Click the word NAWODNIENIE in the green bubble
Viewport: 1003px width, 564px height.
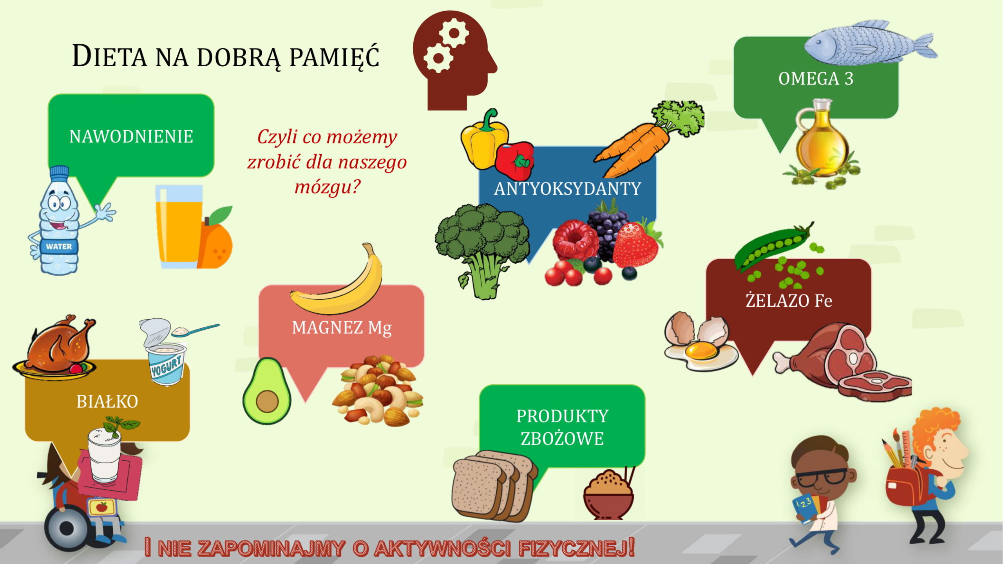coord(131,137)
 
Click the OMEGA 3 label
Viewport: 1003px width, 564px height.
coord(816,79)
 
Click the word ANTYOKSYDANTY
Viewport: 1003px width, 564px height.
coord(567,189)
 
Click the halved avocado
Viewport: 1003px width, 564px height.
coord(267,392)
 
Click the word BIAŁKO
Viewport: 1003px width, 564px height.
coord(107,402)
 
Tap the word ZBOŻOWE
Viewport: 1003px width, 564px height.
coord(562,439)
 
